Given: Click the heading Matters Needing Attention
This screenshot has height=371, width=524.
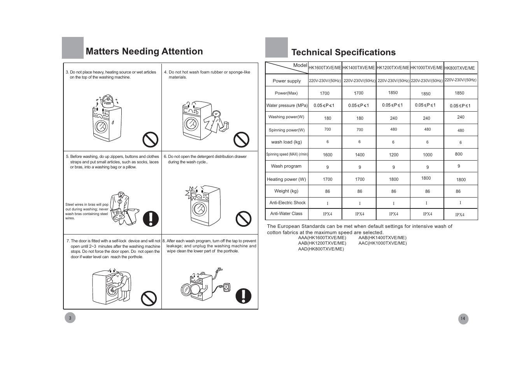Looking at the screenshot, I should point(144,51).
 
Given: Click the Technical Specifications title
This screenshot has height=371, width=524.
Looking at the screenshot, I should point(343,52).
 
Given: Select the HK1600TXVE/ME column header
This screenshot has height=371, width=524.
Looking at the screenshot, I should point(325,68).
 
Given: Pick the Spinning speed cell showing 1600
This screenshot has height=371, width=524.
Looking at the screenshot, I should point(328,155).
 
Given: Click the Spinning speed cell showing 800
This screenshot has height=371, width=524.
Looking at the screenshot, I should point(459,154).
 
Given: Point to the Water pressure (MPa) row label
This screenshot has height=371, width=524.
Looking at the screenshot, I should point(287,105).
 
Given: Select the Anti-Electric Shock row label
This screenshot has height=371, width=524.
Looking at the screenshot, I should point(287,203).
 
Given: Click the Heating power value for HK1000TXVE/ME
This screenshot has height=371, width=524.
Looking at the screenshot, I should point(426,178).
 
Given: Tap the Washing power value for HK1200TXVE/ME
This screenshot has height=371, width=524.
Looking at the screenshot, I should point(394,118).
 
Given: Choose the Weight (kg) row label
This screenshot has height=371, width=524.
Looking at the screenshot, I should point(286,191).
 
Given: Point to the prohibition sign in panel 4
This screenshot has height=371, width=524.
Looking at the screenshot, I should point(241,140).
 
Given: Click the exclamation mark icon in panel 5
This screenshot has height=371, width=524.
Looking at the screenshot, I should point(151,219).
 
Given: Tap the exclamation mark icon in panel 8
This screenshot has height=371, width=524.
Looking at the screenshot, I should point(244,296).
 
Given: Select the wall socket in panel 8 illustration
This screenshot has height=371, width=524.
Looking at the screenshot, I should point(226,287).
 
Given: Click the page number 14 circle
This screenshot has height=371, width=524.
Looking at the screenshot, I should point(463,318).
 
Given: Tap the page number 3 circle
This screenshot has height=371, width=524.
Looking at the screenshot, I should point(70,318).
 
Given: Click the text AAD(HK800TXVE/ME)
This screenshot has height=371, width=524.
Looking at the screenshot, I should point(321,249).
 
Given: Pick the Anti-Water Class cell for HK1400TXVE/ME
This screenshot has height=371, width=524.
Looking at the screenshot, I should point(359,214).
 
